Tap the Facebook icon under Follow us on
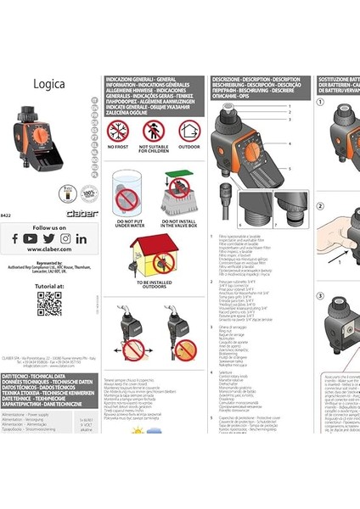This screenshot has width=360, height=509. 14,240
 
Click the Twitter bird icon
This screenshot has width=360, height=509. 48,240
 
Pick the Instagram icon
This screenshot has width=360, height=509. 65,240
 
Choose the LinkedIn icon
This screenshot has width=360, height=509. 82,240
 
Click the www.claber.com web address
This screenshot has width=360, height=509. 49,253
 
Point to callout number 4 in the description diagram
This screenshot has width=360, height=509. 290,143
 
